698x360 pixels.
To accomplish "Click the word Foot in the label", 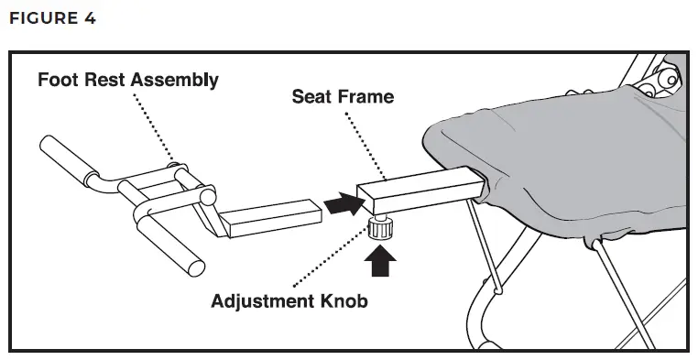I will pyautogui.click(x=57, y=80).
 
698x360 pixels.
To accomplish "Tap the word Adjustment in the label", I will pyautogui.click(x=273, y=301).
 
